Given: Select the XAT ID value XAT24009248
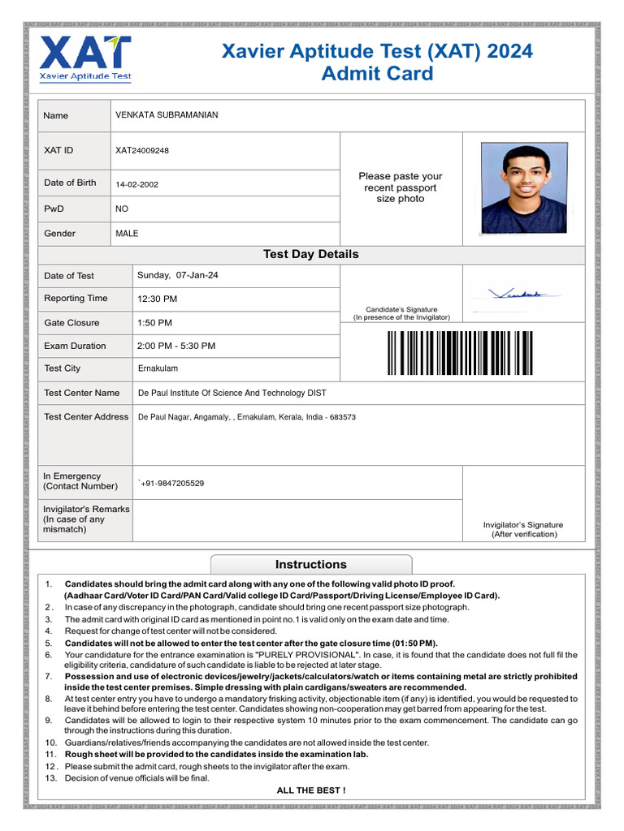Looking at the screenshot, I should tap(142, 151).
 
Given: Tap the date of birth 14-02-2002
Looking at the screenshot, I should tap(136, 184).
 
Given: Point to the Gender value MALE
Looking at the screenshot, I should tap(127, 234).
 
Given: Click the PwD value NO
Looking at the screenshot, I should tap(122, 209).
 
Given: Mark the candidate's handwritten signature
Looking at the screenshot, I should tap(515, 294).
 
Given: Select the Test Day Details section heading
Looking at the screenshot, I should tap(310, 254).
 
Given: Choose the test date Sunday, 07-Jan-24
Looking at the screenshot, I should tap(178, 275).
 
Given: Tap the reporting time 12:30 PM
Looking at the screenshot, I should tap(157, 299).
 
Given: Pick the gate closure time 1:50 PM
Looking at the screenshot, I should tap(154, 323).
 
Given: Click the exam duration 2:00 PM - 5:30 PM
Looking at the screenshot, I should tap(176, 346).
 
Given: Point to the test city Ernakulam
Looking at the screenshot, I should tap(158, 368).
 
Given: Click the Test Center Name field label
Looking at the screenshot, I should tap(81, 393).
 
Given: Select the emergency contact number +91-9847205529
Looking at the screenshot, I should tap(171, 484).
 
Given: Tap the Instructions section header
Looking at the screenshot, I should tap(310, 565).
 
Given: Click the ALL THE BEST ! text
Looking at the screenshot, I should tap(310, 790).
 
